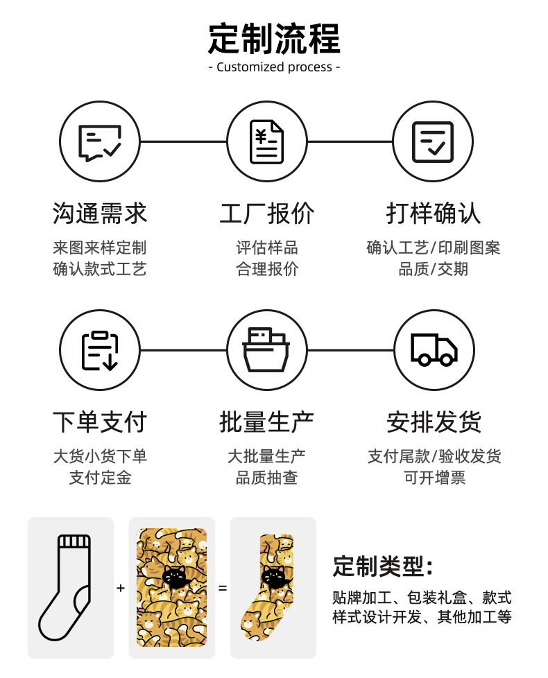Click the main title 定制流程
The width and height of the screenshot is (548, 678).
tap(274, 38)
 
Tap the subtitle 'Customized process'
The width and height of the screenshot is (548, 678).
tap(274, 67)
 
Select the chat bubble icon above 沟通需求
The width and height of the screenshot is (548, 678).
tap(100, 141)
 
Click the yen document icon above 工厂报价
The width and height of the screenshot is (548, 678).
tap(267, 141)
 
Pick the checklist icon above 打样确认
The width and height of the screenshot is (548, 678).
tap(433, 141)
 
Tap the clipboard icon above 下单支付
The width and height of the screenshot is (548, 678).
tap(100, 350)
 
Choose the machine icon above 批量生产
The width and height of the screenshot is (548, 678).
tap(267, 350)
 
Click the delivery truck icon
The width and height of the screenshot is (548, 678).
tap(434, 350)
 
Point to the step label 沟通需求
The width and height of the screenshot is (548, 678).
tap(100, 214)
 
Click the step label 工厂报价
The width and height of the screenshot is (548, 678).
tap(267, 214)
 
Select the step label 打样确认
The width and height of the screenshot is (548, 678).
tap(434, 214)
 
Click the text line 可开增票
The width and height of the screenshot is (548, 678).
tap(434, 478)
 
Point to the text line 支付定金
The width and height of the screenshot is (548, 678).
tap(100, 478)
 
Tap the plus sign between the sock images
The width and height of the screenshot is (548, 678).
tap(121, 589)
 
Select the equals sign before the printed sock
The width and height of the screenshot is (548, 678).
tap(223, 589)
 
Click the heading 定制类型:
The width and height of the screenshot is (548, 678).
tap(383, 566)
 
